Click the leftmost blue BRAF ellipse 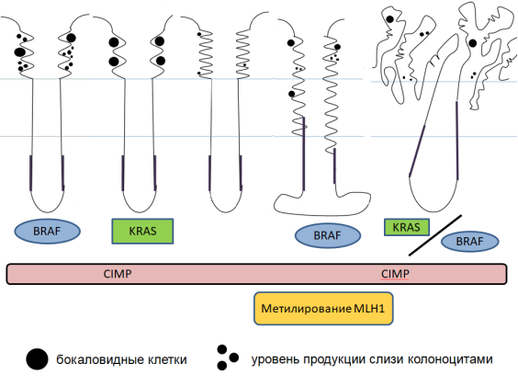(x=47, y=231)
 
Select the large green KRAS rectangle (x=142, y=231)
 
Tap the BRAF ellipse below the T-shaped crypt (x=327, y=235)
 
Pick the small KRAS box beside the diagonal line (x=406, y=227)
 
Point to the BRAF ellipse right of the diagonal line (x=469, y=241)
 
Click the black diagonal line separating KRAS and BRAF (x=435, y=235)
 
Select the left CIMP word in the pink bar (x=118, y=274)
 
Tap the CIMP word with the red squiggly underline (x=395, y=274)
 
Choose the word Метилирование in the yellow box (x=306, y=309)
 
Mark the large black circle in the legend (x=37, y=359)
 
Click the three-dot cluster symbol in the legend (x=227, y=358)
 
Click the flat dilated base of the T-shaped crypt (x=322, y=204)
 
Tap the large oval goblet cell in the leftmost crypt (x=20, y=51)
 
